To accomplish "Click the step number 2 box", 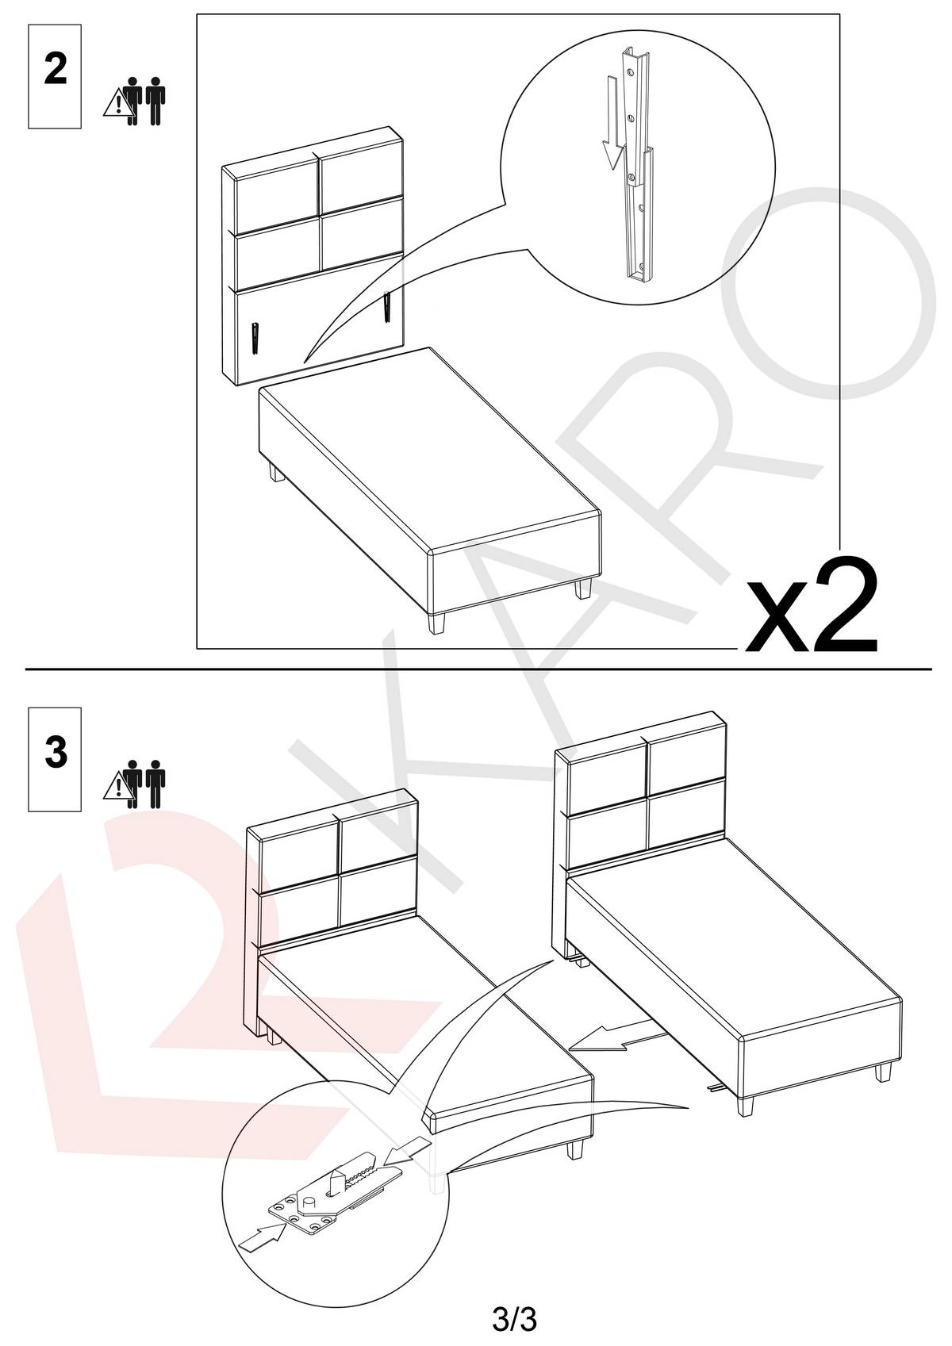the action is (55, 76).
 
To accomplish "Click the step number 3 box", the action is (55, 759).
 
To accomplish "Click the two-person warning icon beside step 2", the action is (134, 101).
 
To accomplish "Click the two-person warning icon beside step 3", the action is (134, 784).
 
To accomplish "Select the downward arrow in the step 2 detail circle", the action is (612, 123).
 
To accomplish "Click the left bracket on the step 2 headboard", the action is (256, 339).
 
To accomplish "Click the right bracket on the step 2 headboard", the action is (386, 306).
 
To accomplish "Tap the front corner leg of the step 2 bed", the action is (437, 623).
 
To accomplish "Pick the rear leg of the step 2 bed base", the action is (276, 472).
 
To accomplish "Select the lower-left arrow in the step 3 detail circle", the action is (263, 1236).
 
